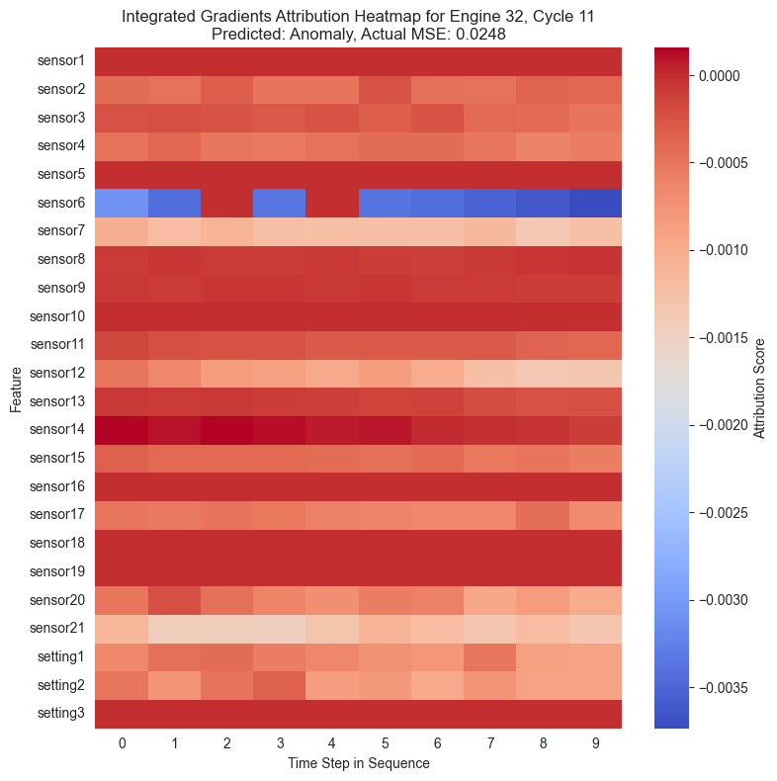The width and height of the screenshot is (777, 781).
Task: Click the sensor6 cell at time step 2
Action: pos(227,203)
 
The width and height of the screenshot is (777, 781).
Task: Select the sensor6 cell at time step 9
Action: pos(595,203)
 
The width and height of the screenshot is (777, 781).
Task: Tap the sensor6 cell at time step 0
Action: pos(122,203)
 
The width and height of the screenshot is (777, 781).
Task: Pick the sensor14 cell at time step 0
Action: pos(122,430)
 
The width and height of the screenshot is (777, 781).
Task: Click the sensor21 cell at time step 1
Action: pos(174,629)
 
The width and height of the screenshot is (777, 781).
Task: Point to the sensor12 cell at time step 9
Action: pos(595,373)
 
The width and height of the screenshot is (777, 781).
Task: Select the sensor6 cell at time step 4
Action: pos(332,203)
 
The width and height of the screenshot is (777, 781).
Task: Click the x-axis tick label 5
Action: pos(385,741)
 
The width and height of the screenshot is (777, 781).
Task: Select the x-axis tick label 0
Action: pos(122,741)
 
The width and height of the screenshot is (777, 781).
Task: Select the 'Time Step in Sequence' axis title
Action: pos(358,763)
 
